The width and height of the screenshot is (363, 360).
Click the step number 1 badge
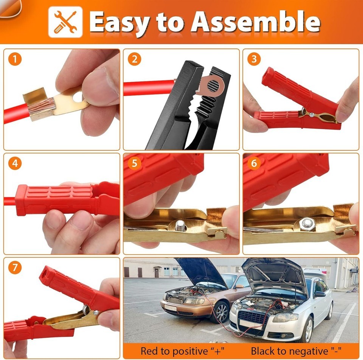(15, 59)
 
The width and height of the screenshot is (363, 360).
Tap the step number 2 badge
(135, 59)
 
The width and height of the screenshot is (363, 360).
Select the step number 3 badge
(254, 59)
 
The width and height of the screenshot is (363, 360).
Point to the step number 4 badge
(15, 163)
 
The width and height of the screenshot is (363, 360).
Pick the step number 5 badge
(135, 163)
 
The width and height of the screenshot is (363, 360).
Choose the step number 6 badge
(254, 163)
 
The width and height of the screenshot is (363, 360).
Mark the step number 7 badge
(15, 267)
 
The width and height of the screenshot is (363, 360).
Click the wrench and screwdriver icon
(65, 22)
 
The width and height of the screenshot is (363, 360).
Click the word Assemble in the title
(255, 22)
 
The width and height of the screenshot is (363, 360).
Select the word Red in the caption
(149, 351)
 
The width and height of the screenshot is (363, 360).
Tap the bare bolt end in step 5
(181, 226)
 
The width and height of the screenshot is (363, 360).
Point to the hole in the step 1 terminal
(78, 97)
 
